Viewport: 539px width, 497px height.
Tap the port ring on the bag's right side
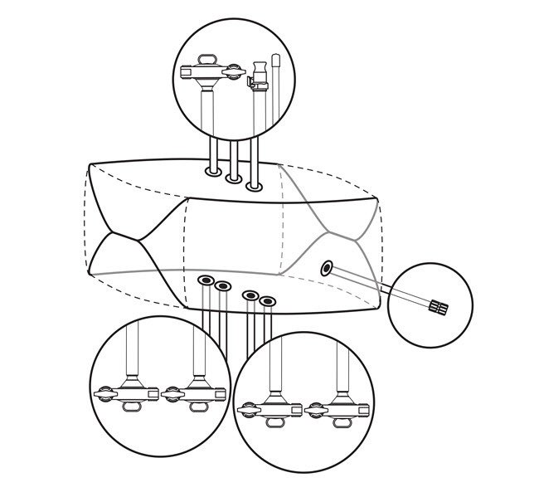click(327, 267)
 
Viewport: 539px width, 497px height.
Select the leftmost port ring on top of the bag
click(213, 171)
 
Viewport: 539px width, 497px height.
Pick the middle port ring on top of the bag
click(235, 178)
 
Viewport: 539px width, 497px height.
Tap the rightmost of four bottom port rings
click(267, 300)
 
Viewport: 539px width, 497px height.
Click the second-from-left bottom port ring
click(222, 287)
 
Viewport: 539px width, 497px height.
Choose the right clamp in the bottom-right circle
click(336, 409)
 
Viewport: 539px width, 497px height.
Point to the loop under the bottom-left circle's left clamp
click(133, 407)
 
